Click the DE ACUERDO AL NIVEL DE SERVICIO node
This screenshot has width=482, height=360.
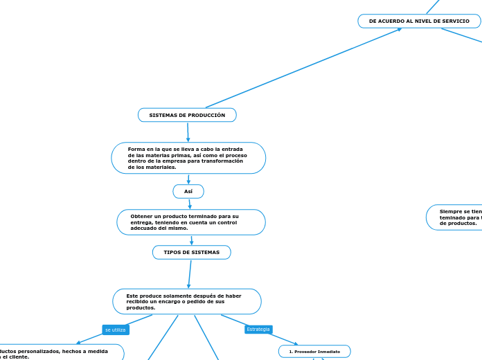[419, 21]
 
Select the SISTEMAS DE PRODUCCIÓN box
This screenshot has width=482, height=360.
[187, 115]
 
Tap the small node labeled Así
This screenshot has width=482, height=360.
[188, 191]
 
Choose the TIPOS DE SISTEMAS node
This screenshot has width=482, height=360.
[191, 253]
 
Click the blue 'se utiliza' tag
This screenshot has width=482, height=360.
[115, 330]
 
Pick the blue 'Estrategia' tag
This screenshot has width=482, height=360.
[258, 329]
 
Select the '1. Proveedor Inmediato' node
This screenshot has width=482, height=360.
[314, 352]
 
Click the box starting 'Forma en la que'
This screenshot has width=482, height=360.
[188, 158]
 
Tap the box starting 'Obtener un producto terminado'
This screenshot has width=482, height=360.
[191, 222]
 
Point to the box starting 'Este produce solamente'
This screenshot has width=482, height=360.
[187, 302]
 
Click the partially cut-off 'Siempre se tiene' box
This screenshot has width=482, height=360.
[454, 217]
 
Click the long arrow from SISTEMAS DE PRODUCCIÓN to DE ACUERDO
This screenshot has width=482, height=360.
[305, 67]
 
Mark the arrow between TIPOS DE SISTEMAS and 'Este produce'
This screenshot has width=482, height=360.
[189, 274]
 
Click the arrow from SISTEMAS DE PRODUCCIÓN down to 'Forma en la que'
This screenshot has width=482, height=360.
[188, 132]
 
